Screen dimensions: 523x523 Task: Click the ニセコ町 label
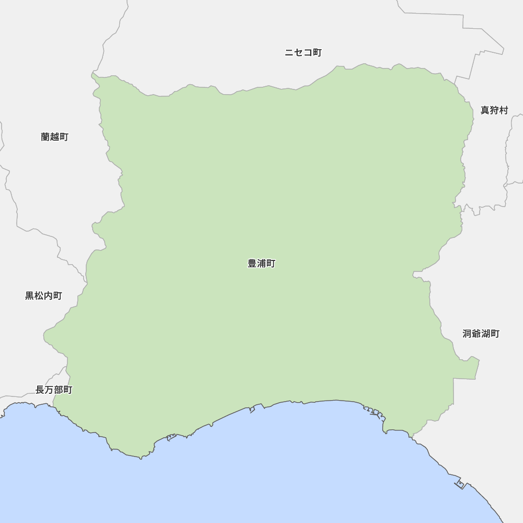303,53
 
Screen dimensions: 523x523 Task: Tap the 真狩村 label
494,110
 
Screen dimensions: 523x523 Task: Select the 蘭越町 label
54,137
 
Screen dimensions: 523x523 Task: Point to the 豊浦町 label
261,264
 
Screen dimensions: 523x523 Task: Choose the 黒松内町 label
43,296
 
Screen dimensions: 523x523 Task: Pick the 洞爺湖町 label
481,334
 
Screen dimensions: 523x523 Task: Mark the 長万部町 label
54,390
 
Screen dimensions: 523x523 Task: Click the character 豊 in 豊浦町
252,264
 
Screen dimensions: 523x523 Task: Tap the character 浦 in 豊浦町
261,264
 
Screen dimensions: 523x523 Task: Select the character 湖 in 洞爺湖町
486,334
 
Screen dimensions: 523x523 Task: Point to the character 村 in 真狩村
504,110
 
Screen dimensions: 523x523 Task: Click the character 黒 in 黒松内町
30,296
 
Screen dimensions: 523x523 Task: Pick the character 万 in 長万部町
49,390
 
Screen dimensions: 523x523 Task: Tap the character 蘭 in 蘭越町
46,137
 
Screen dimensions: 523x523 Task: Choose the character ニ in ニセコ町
289,53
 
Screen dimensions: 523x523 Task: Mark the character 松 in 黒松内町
39,296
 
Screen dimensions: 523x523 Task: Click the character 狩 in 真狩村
494,110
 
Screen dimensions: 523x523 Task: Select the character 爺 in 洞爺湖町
476,334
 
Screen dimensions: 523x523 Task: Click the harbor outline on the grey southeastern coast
460,484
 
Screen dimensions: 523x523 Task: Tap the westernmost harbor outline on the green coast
171,437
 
